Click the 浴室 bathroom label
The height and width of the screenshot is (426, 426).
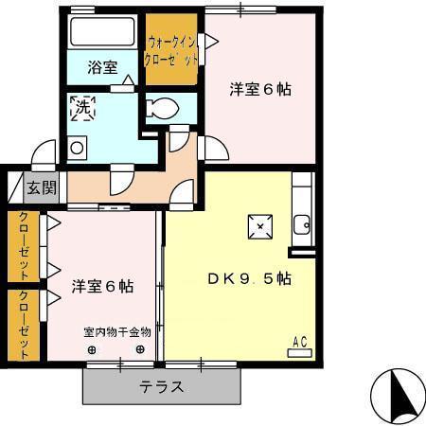pos(102,67)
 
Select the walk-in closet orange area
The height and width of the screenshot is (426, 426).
pos(172,49)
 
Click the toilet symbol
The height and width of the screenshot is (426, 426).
pos(161,107)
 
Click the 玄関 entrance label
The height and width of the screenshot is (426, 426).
pos(41,186)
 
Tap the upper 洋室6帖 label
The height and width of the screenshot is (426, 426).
pos(260,90)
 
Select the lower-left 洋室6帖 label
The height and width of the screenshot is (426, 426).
pos(102,285)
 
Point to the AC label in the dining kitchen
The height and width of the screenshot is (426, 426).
pos(299,343)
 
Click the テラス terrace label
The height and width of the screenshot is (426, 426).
pos(162,386)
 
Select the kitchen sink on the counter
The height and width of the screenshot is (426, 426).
pos(302,225)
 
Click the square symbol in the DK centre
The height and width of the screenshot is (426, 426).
pos(260,226)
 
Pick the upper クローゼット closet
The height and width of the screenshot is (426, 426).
pos(22,246)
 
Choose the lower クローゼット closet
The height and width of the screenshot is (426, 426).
pos(22,325)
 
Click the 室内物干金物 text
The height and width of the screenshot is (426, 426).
pos(116,332)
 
